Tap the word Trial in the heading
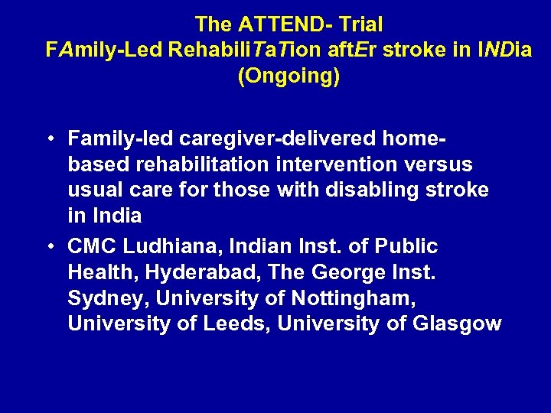pyautogui.click(x=357, y=24)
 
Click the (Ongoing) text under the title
pyautogui.click(x=289, y=77)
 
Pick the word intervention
pyautogui.click(x=332, y=164)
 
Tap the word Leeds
pyautogui.click(x=236, y=324)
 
